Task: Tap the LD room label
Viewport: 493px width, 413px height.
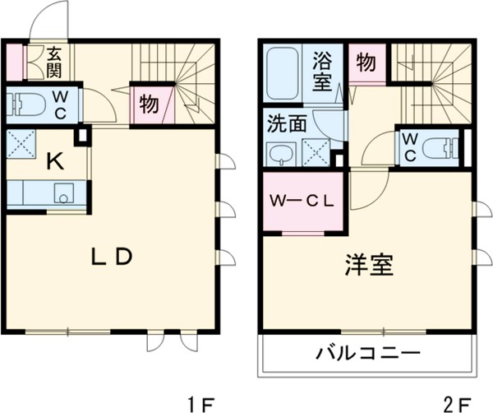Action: point(111,257)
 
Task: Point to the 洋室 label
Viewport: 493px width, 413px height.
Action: point(369,265)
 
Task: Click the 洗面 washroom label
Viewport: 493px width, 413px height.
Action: point(286,124)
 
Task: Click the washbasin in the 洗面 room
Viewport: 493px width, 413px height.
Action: point(282,153)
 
